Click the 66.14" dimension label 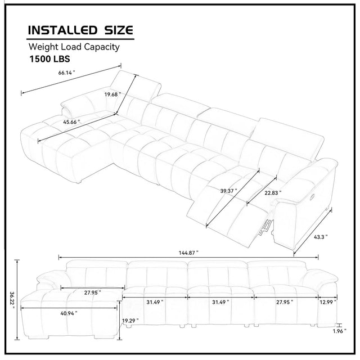pyautogui.click(x=66, y=73)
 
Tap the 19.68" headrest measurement pyautogui.click(x=112, y=94)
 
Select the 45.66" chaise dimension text pyautogui.click(x=71, y=122)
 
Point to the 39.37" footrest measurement pyautogui.click(x=228, y=191)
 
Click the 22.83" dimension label pyautogui.click(x=273, y=193)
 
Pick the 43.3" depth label pyautogui.click(x=321, y=237)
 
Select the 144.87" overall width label pyautogui.click(x=188, y=253)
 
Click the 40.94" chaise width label pyautogui.click(x=69, y=313)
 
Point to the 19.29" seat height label pyautogui.click(x=130, y=321)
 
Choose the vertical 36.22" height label pyautogui.click(x=12, y=300)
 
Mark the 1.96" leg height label pyautogui.click(x=339, y=331)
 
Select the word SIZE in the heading pyautogui.click(x=119, y=30)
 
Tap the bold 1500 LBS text pyautogui.click(x=49, y=58)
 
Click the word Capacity pyautogui.click(x=102, y=47)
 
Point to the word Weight pyautogui.click(x=44, y=47)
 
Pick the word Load pyautogui.click(x=71, y=47)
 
